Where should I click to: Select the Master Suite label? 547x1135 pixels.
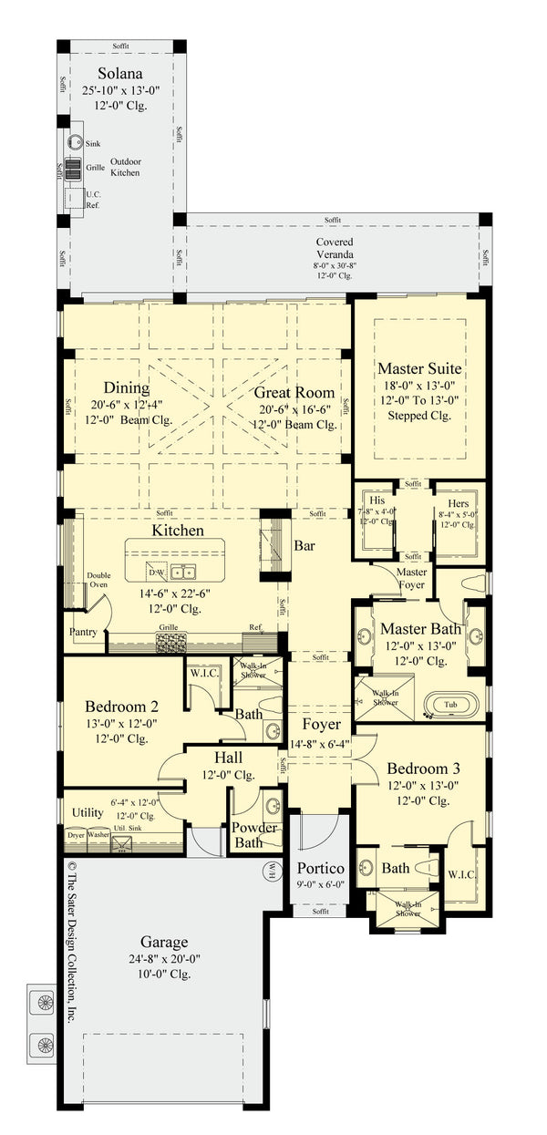point(419,368)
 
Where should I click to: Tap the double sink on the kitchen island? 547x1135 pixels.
point(188,572)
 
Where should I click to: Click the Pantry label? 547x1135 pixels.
point(83,632)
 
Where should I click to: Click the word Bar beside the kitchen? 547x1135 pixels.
point(304,547)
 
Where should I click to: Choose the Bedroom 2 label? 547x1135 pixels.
point(122,707)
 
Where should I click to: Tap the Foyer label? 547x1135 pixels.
point(320,725)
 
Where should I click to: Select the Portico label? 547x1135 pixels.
point(319,868)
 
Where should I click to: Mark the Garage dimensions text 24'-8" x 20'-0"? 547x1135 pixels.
point(164,959)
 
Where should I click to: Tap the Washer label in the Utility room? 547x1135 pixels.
point(98,834)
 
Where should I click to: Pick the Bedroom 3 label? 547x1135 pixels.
point(418,768)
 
